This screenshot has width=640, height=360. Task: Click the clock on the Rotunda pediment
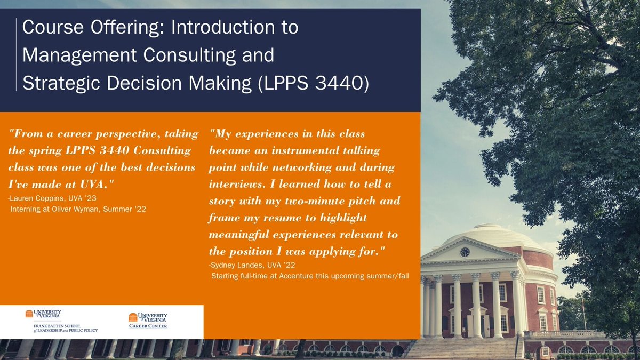tap(465, 252)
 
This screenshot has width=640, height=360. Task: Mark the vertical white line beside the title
tap(17, 55)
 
